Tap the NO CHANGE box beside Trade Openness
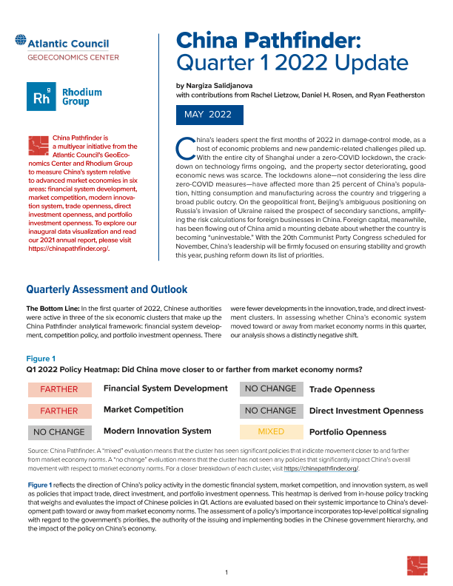click(271, 389)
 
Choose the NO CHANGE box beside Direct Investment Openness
click(271, 411)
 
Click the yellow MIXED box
click(271, 431)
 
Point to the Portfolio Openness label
click(347, 432)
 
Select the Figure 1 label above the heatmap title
click(42, 358)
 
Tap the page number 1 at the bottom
click(226, 573)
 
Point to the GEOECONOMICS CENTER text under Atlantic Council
click(73, 57)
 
